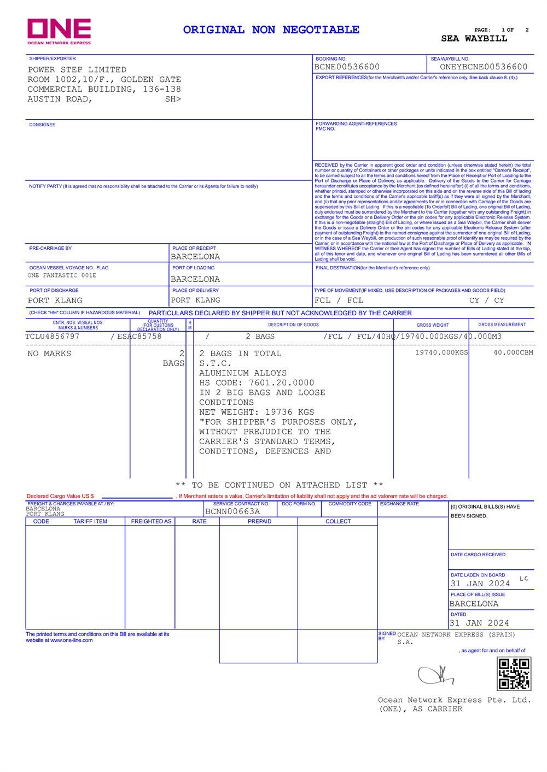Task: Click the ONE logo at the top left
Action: point(59,31)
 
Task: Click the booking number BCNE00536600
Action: point(347,67)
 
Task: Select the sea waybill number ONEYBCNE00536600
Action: point(484,67)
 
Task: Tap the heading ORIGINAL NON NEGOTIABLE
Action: point(271,30)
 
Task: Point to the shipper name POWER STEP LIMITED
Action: point(77,70)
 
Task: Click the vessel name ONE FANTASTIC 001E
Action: point(62,275)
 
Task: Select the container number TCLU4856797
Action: point(53,337)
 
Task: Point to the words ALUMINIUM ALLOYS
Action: point(243,373)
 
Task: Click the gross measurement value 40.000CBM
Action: point(513,353)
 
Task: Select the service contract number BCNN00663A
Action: point(232,512)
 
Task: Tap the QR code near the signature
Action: point(514,674)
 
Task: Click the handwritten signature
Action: point(436,675)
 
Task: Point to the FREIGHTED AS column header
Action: point(151,522)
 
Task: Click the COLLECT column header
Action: point(338,522)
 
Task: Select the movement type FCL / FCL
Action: point(339,300)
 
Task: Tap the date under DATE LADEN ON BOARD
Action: point(480,584)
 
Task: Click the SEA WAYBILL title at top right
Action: point(474,39)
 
